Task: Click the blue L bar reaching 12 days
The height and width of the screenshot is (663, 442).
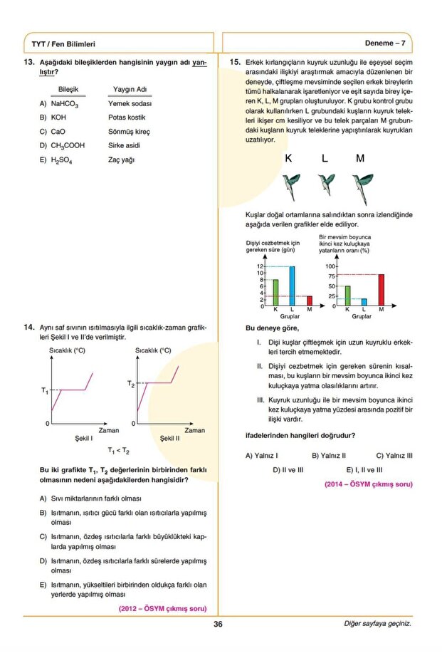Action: [292, 286]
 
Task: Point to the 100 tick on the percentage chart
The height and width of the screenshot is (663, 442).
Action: [330, 266]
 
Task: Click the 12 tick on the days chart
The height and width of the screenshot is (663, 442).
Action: [261, 266]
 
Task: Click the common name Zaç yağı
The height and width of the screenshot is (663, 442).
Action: [122, 160]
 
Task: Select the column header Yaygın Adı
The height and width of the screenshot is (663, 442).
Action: [130, 89]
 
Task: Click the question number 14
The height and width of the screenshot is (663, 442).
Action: [29, 328]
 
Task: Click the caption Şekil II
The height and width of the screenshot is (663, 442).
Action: [169, 439]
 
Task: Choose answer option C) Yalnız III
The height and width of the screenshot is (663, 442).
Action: [394, 455]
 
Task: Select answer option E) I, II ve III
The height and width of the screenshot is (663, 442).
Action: [364, 470]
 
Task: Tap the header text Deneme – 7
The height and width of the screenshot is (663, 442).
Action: [385, 43]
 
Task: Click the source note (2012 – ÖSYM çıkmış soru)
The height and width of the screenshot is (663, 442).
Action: [162, 609]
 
